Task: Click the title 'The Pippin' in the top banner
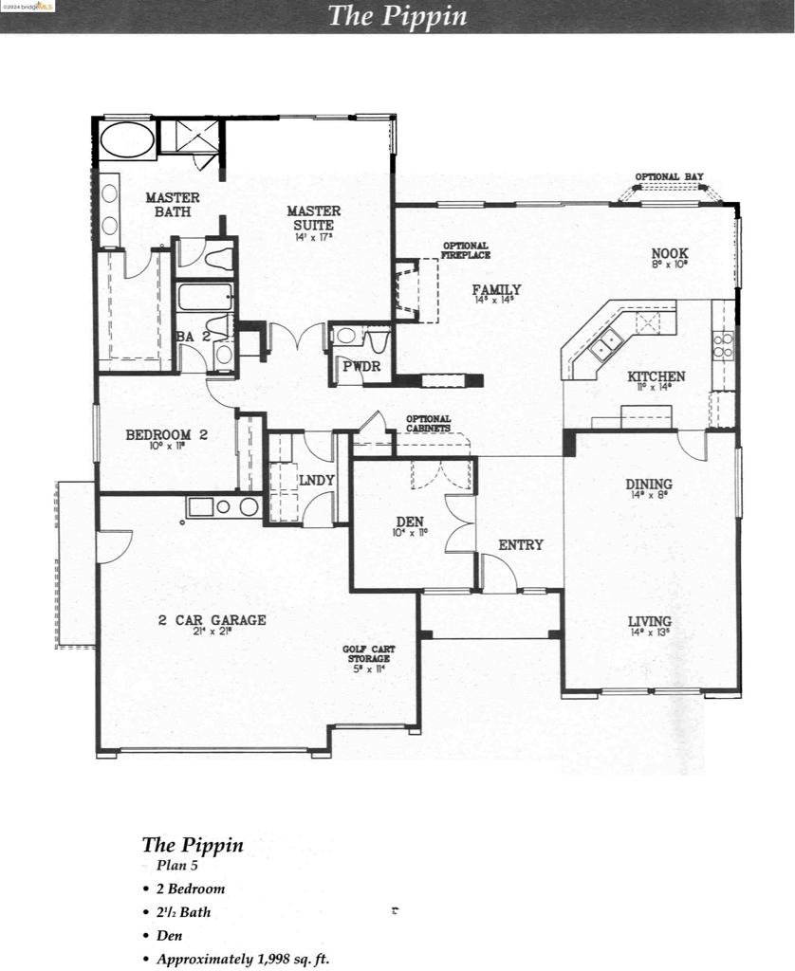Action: [x=397, y=16]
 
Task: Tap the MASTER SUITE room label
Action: [x=314, y=218]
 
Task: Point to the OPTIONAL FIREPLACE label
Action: [x=466, y=250]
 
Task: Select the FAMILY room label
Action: [x=497, y=289]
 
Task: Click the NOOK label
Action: [x=695, y=253]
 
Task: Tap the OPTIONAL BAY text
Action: [x=669, y=176]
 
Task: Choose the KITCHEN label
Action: [x=656, y=376]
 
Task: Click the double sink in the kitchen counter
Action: [x=603, y=349]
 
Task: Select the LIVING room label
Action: [x=650, y=622]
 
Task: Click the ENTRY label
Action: [x=521, y=544]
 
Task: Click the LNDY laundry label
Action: [x=316, y=480]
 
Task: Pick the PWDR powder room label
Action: [x=361, y=365]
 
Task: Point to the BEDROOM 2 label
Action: [x=166, y=435]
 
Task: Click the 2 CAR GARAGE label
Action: [x=212, y=620]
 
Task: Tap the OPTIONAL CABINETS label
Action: [x=428, y=423]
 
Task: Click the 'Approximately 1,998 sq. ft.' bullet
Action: [x=243, y=959]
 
